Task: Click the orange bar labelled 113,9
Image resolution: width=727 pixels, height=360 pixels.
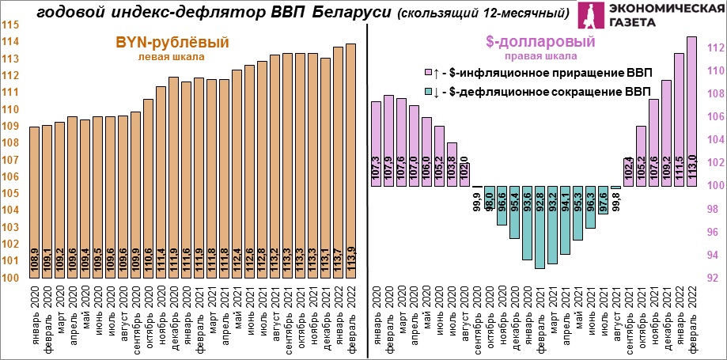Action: pyautogui.click(x=350, y=158)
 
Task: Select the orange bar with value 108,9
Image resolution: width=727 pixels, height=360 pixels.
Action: pyautogui.click(x=34, y=202)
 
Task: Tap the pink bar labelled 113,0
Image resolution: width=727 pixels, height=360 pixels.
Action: pyautogui.click(x=691, y=111)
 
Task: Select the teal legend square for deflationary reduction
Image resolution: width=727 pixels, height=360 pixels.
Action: pyautogui.click(x=429, y=93)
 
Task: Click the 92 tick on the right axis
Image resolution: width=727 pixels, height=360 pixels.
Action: pyautogui.click(x=712, y=278)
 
